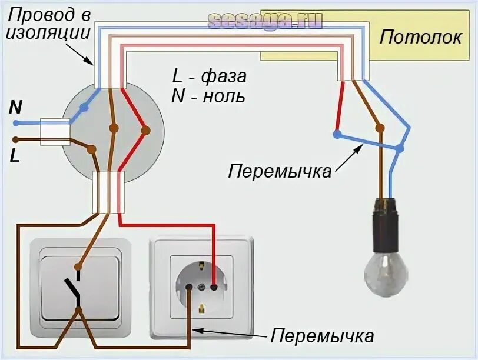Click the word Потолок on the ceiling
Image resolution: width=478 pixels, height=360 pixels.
[x=420, y=37]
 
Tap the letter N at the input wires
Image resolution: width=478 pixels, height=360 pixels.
[x=15, y=107]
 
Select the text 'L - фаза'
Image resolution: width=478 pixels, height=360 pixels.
[x=209, y=76]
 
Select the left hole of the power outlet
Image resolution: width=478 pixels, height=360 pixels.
[x=190, y=287]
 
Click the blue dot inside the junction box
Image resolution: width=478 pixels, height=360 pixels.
[x=85, y=108]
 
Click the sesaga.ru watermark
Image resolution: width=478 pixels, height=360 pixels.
[x=265, y=21]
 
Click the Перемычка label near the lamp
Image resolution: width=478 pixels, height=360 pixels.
[x=280, y=172]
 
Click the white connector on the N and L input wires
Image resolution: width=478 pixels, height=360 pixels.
[x=55, y=131]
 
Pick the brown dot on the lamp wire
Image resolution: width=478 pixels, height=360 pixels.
[x=379, y=128]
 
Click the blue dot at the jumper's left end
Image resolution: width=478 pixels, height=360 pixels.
[x=336, y=135]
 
